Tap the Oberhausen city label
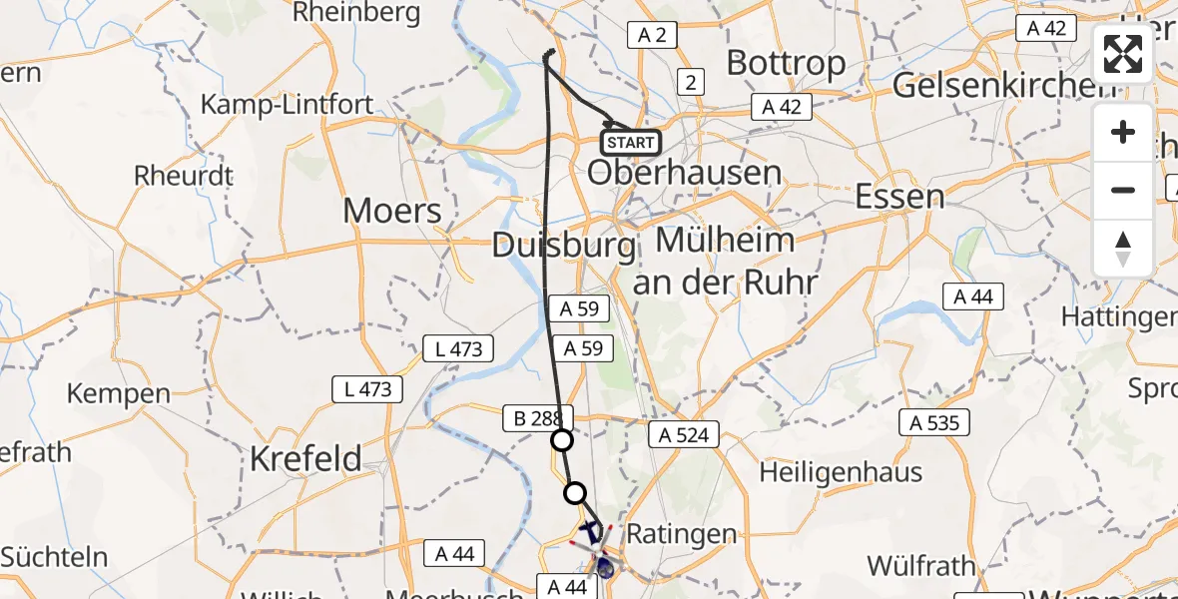coord(685,173)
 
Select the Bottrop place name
coord(786,63)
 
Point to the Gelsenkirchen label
coord(1004,86)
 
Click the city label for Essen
coord(900,196)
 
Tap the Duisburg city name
coord(564,245)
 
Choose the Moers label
coord(392,211)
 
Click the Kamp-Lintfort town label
coord(288,104)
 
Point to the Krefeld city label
coord(305,459)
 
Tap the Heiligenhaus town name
coord(841,471)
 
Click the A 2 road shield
coord(652,36)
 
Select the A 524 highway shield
coord(684,434)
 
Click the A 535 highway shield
coord(934,423)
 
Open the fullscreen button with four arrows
coord(1123,54)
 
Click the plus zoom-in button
coord(1123,132)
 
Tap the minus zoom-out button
coord(1123,190)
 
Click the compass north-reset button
coord(1123,248)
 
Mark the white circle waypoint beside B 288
coord(562,440)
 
